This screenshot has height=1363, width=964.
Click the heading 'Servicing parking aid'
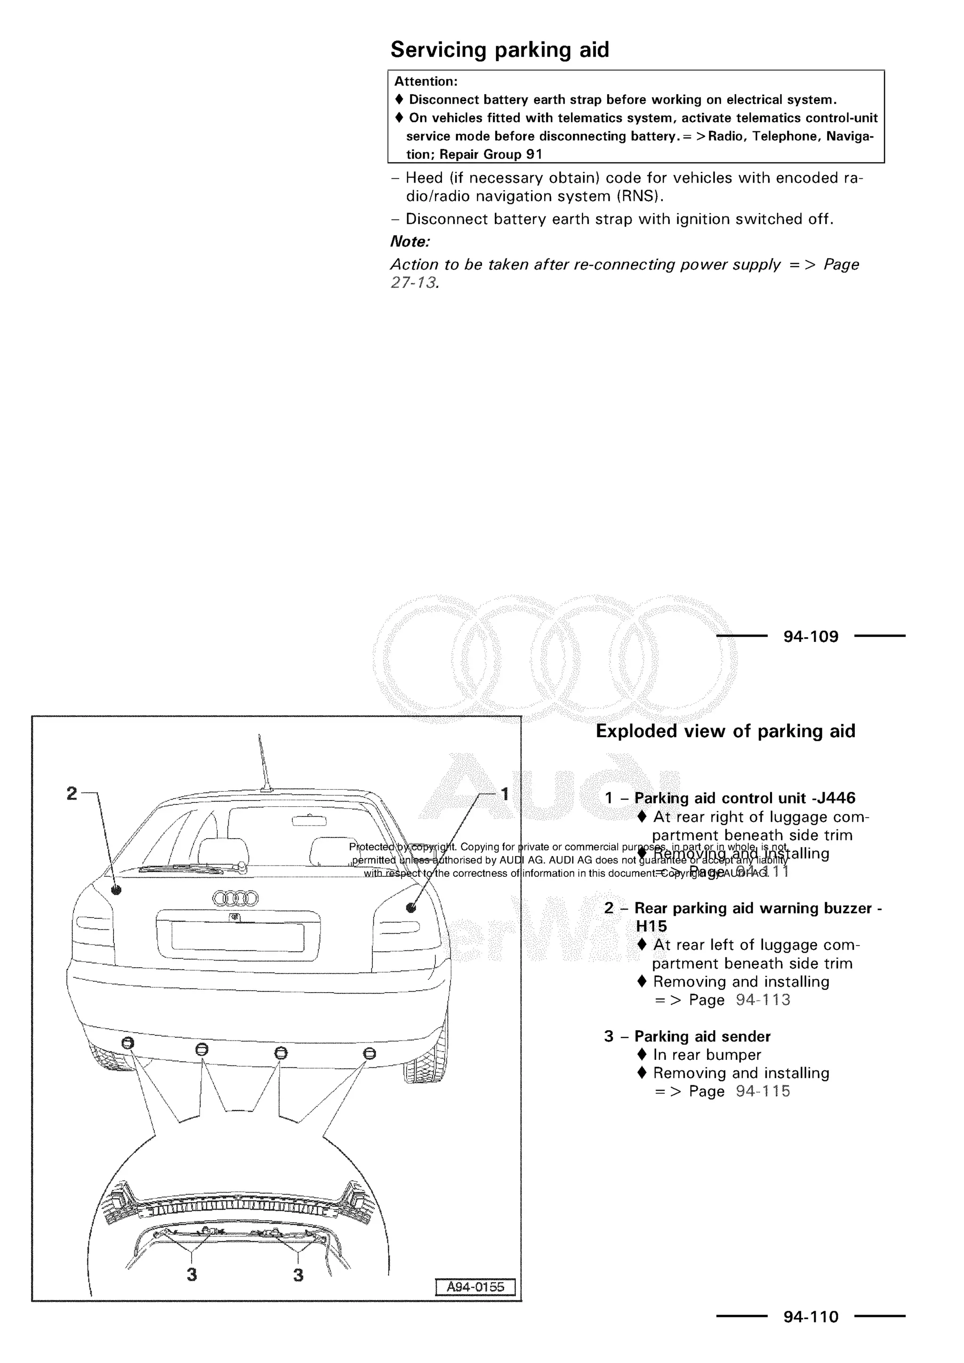click(x=499, y=50)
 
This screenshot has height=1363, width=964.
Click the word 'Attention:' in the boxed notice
click(x=426, y=82)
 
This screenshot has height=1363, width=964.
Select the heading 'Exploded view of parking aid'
click(x=725, y=731)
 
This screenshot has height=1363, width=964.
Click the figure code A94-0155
click(x=475, y=1287)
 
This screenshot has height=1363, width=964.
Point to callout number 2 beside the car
click(x=72, y=794)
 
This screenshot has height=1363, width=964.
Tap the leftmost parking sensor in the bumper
click(x=128, y=1043)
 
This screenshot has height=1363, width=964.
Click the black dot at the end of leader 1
click(x=411, y=907)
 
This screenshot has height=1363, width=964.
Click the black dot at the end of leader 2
click(x=117, y=890)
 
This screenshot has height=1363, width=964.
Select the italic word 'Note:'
click(x=410, y=241)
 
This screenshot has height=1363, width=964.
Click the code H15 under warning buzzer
click(x=651, y=926)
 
